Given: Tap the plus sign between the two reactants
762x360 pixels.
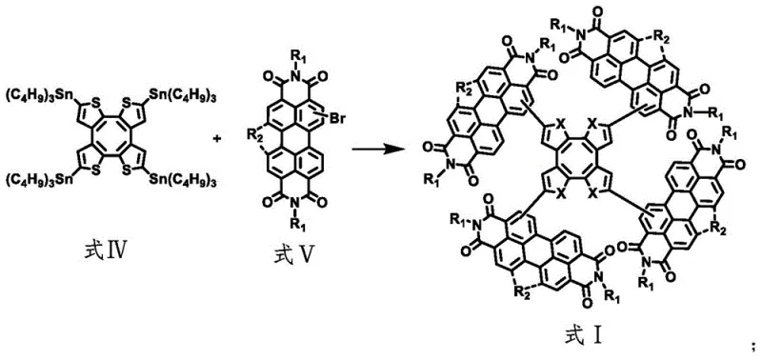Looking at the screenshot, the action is tap(217, 139).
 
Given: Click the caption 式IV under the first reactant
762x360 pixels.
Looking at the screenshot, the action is tap(112, 251).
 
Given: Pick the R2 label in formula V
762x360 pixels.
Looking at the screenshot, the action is tap(254, 140).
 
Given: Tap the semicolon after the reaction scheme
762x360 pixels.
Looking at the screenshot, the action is tap(752, 343).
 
